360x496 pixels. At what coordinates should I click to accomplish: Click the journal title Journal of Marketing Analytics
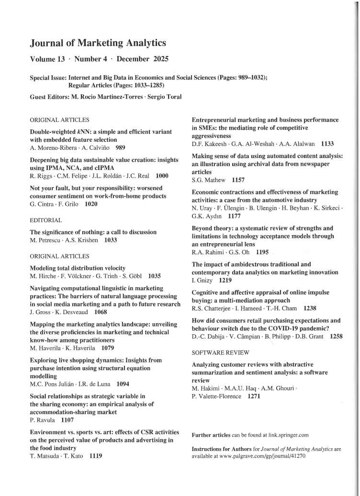pos(98,43)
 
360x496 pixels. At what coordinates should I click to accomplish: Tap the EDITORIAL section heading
pos(46,220)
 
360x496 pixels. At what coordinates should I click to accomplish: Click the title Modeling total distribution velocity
pos(78,268)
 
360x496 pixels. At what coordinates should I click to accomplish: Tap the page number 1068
pos(101,312)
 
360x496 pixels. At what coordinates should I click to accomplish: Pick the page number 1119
pos(95,456)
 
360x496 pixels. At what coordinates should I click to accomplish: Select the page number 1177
pos(234,216)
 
